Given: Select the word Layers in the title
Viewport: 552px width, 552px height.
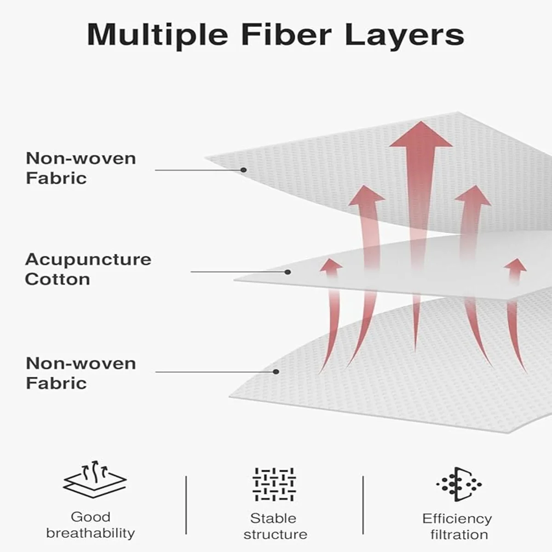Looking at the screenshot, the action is tap(405, 34).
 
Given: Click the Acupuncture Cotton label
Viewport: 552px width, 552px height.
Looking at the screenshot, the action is tap(88, 269).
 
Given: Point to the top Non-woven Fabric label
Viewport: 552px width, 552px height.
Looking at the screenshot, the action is tap(81, 168).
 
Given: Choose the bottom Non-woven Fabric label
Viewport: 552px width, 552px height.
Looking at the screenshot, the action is tap(81, 373).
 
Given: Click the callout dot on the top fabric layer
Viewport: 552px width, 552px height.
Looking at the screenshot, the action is tap(244, 170).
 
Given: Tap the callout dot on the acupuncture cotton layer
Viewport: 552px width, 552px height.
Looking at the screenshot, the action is tap(287, 272).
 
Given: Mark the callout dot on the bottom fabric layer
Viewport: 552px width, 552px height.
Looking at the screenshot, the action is tap(276, 372).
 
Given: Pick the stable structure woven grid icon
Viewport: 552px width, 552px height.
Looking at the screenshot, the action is tap(274, 484).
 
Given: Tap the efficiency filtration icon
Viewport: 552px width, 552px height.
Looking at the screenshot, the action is tap(459, 484).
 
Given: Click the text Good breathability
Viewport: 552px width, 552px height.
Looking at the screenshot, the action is tap(91, 525).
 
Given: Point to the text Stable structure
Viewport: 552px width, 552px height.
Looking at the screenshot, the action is tap(275, 526).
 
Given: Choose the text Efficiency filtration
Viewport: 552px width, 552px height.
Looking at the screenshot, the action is tap(457, 526).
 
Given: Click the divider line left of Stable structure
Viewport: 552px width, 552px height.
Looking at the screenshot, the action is tap(186, 505).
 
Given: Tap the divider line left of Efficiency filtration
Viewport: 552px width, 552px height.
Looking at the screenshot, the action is tap(363, 505).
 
